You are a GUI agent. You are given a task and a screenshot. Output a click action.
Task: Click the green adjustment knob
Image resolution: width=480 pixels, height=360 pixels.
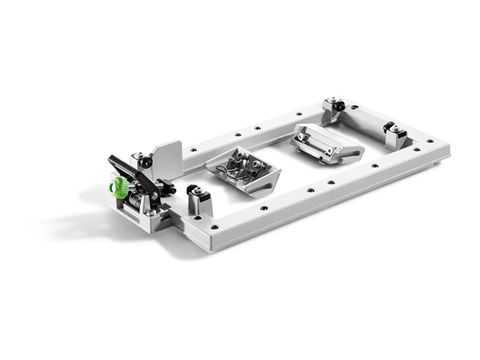coord(119,188)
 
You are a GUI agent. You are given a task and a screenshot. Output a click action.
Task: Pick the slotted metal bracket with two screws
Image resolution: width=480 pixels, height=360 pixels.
coord(326,142)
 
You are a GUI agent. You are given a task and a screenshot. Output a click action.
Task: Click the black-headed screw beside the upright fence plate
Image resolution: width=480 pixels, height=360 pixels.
coord(139,156)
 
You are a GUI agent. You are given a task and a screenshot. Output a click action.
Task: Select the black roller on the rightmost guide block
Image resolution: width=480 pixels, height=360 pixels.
coord(390,127)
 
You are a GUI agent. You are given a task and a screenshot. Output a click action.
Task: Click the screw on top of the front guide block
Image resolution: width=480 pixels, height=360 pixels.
coord(193,190)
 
